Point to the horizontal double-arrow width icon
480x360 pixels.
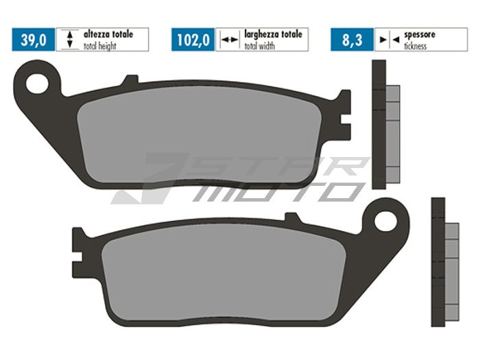228,40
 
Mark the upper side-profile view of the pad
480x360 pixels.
384,124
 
